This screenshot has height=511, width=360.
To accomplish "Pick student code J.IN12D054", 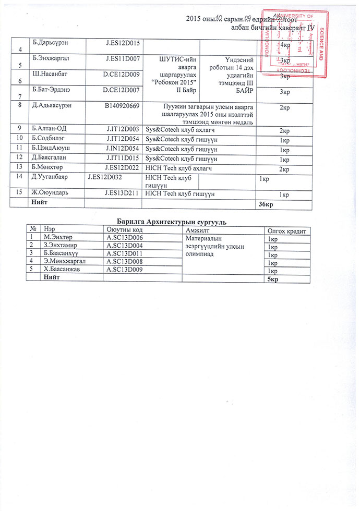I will click(123, 149).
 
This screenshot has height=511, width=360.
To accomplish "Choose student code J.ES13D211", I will click(123, 194).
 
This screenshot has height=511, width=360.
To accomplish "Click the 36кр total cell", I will click(266, 203).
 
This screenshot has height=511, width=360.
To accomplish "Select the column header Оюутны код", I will click(123, 230).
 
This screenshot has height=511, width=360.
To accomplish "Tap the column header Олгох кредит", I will click(286, 230).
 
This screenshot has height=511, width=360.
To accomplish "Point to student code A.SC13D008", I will click(124, 261).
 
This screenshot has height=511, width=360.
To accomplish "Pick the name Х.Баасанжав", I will click(62, 269).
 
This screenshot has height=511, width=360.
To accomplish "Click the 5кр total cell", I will click(272, 279).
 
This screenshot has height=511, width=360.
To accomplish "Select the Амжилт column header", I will click(197, 230).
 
